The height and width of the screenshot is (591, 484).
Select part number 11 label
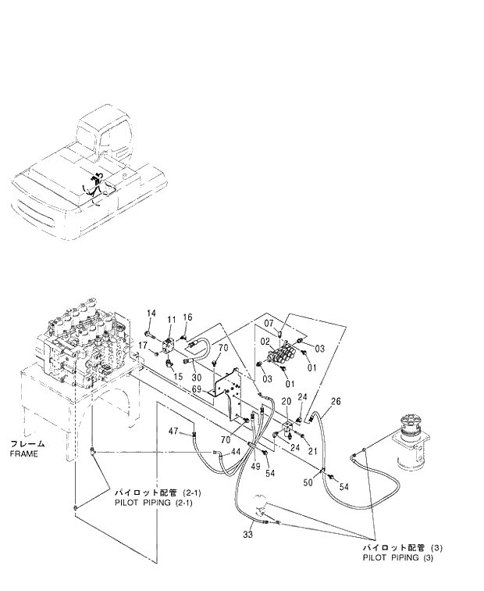[172, 320]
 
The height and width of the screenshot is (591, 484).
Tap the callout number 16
[187, 317]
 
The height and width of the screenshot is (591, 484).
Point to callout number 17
[144, 345]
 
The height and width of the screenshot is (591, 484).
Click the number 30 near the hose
[186, 376]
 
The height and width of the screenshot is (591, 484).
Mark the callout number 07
[269, 324]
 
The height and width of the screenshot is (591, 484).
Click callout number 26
[336, 403]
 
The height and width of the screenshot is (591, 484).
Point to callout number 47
[175, 432]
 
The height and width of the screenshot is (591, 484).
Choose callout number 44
[235, 452]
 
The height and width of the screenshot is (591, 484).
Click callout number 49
[255, 467]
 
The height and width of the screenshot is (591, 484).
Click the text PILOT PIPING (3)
[397, 557]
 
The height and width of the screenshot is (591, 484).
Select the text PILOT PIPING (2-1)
[153, 503]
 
